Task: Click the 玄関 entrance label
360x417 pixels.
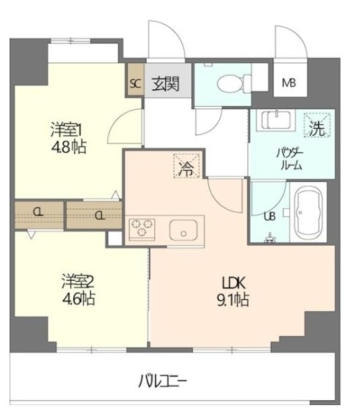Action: [166, 84]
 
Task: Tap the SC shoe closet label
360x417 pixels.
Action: [135, 84]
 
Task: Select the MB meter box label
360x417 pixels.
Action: [289, 83]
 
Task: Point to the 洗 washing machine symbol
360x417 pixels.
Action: [318, 125]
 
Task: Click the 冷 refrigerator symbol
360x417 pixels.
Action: [187, 166]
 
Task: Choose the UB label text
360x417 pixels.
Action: [269, 216]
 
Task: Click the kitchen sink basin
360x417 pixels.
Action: [183, 230]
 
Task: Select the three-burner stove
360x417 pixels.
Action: [142, 229]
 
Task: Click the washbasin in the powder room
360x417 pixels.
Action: [276, 121]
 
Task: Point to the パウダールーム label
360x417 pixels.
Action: [290, 159]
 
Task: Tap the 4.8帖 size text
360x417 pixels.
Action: [68, 147]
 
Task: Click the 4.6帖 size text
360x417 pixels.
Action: [78, 298]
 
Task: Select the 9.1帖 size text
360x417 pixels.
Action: [233, 300]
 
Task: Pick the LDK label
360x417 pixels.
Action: [233, 283]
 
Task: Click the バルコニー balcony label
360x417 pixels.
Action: [162, 382]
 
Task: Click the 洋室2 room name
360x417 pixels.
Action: [77, 282]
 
